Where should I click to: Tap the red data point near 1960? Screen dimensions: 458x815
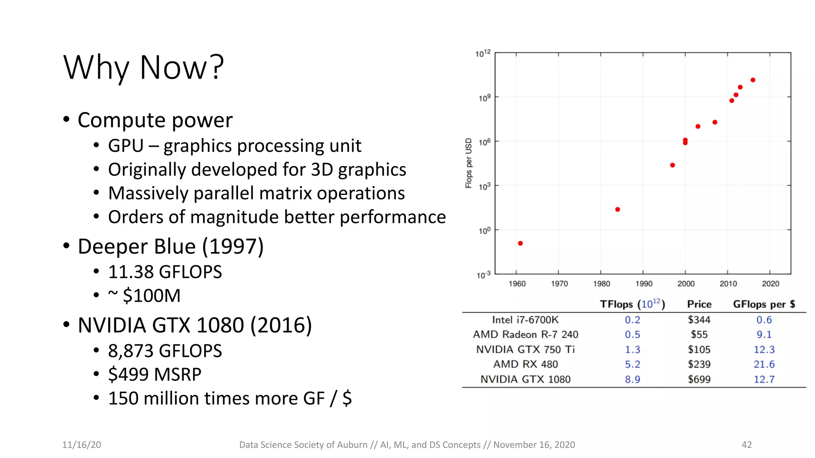520,243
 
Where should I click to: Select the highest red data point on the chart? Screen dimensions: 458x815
753,80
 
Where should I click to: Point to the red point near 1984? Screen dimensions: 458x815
618,210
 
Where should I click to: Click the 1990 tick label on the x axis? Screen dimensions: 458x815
643,284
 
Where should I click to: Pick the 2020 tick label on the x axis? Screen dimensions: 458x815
770,284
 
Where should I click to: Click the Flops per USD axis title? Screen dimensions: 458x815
468,163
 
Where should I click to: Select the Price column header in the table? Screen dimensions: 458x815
699,304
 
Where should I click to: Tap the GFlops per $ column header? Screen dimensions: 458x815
764,304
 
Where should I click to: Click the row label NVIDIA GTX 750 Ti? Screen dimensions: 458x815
525,349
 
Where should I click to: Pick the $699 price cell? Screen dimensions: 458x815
699,379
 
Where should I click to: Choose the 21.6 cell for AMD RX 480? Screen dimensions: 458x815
764,364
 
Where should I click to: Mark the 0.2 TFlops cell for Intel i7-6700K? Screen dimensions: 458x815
632,320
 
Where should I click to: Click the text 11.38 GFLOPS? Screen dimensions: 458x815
165,272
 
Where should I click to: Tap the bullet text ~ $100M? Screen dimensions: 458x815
144,296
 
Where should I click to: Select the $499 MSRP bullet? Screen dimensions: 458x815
154,375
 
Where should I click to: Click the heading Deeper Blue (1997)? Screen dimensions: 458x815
170,246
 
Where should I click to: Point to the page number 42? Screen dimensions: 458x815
747,445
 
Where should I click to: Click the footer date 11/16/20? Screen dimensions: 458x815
82,445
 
